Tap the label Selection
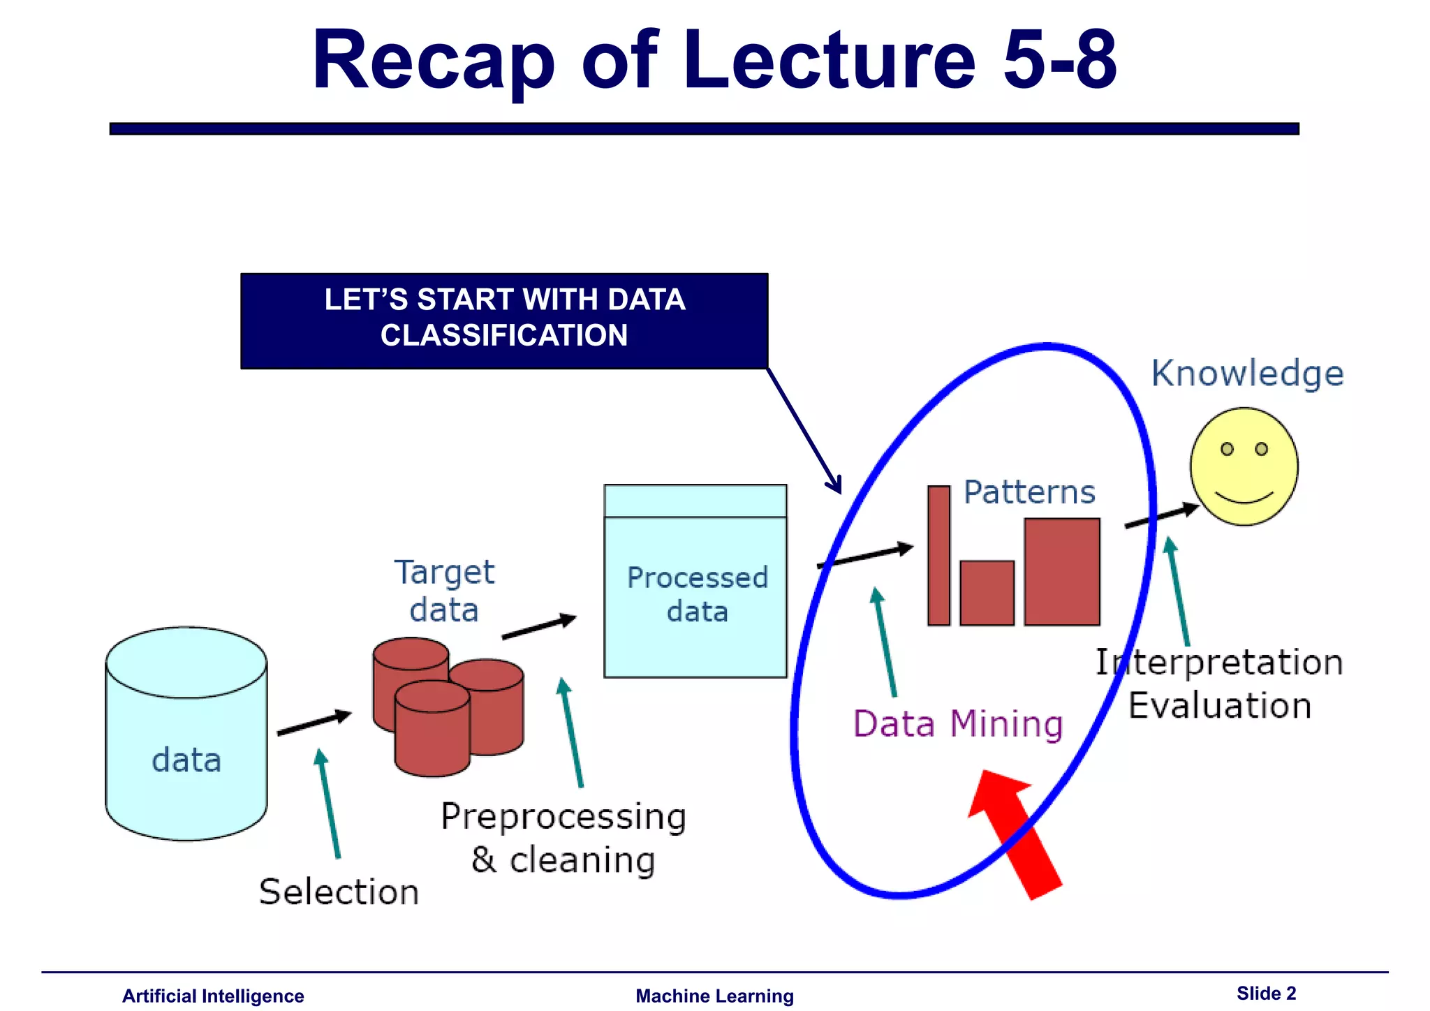pyautogui.click(x=339, y=892)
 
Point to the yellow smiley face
pyautogui.click(x=1244, y=466)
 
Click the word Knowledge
pyautogui.click(x=1247, y=373)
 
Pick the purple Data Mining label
pyautogui.click(x=957, y=723)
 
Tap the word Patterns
pyautogui.click(x=1029, y=492)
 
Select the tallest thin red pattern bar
pyautogui.click(x=938, y=555)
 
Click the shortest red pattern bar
pyautogui.click(x=987, y=593)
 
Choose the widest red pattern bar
pyautogui.click(x=1061, y=571)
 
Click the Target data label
pyautogui.click(x=444, y=591)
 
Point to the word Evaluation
pyautogui.click(x=1219, y=705)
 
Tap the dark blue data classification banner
pyautogui.click(x=504, y=320)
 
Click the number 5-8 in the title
pyautogui.click(x=1059, y=60)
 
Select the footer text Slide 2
pyautogui.click(x=1265, y=993)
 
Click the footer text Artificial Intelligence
pyautogui.click(x=213, y=996)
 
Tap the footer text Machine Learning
pyautogui.click(x=714, y=996)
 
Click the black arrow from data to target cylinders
pyautogui.click(x=314, y=723)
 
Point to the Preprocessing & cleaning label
pyautogui.click(x=563, y=838)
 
